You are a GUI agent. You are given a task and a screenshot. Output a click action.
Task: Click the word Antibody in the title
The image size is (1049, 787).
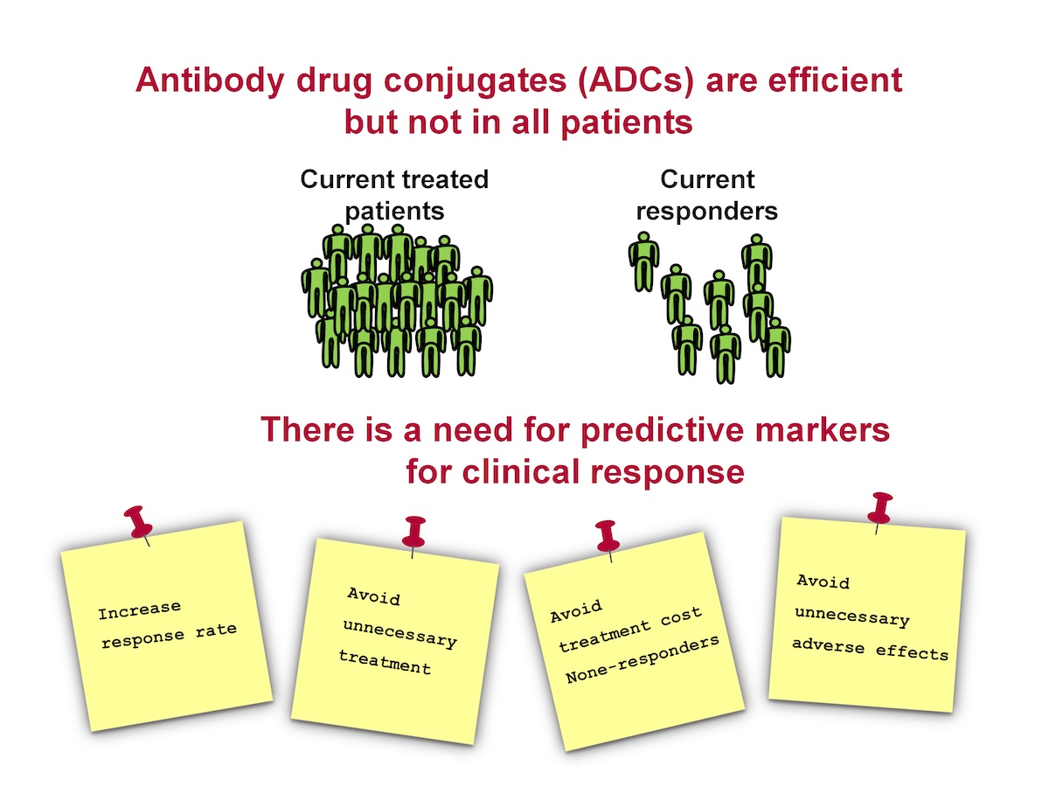click(210, 80)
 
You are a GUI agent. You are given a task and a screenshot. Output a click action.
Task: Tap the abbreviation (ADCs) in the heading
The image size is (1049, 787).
click(636, 80)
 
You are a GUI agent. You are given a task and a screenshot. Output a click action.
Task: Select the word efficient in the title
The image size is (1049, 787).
click(836, 80)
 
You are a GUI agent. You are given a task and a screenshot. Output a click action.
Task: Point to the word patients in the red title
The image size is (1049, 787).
click(627, 122)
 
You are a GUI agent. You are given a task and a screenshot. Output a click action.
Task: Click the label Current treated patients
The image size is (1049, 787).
click(395, 195)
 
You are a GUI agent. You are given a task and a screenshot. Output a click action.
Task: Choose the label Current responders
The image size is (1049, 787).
click(707, 195)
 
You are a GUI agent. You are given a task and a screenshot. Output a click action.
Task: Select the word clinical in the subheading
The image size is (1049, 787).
click(521, 471)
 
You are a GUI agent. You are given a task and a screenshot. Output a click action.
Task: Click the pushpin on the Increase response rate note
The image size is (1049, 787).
click(139, 524)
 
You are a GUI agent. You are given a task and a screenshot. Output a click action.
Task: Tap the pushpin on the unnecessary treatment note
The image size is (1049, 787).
click(413, 535)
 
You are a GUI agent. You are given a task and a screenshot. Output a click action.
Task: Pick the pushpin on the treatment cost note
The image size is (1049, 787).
click(608, 539)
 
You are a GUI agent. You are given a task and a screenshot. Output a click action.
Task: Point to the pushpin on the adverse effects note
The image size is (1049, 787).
click(879, 512)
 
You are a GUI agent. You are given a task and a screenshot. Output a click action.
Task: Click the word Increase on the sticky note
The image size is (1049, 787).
click(140, 610)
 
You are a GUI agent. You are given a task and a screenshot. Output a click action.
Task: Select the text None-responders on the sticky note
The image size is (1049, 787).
click(643, 659)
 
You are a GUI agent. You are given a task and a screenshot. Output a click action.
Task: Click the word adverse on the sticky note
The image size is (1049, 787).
click(828, 645)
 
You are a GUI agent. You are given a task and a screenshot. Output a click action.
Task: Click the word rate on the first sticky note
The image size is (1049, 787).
click(217, 630)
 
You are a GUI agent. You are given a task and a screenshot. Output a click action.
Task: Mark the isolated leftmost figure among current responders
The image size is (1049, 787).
click(643, 262)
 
